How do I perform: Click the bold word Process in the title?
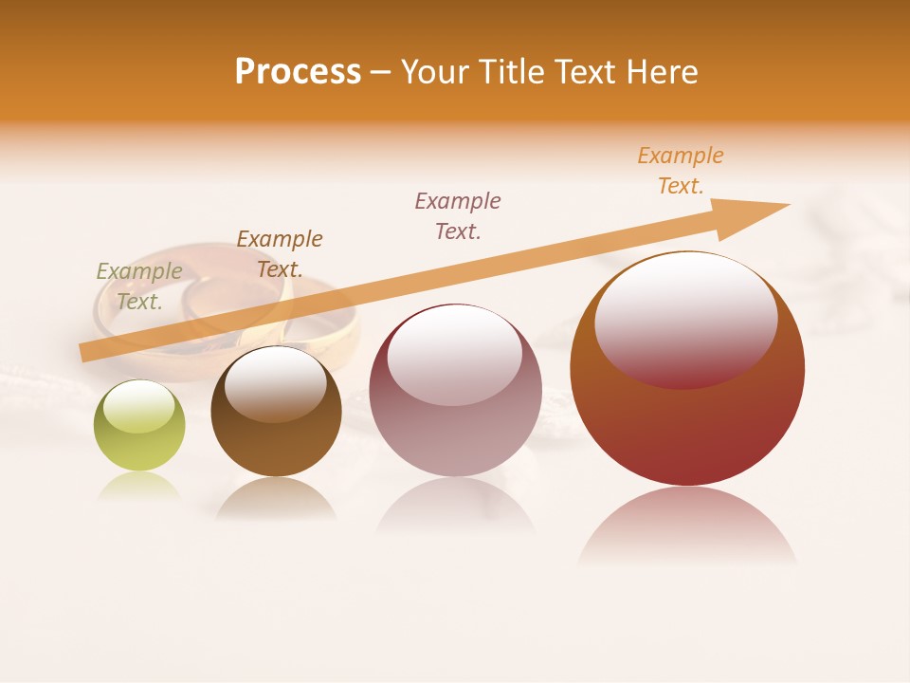298,72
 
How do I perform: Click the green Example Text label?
139,286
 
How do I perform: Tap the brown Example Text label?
280,254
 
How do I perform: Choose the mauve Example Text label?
458,215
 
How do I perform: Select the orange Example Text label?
681,171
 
